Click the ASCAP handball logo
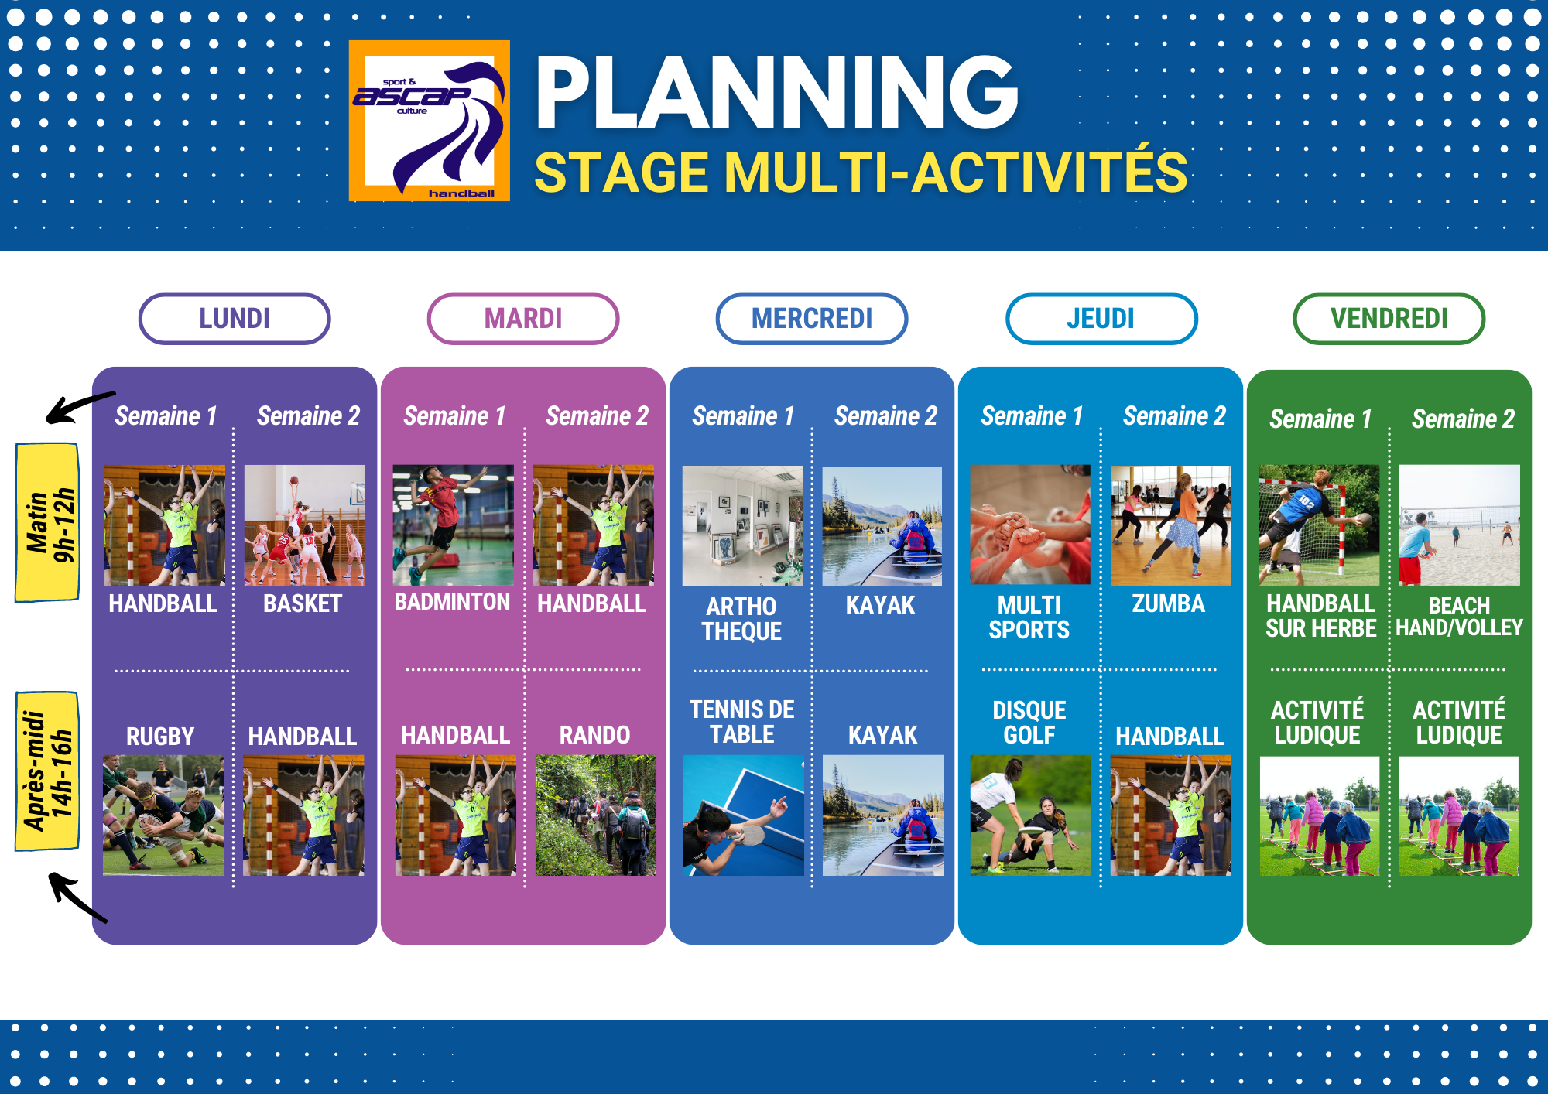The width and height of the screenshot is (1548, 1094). [x=430, y=121]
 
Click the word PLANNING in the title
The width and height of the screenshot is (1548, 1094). [x=776, y=93]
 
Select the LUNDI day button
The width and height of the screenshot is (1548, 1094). [x=235, y=319]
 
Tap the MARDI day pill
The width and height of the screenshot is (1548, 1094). [x=523, y=319]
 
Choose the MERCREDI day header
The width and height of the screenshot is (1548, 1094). [x=812, y=319]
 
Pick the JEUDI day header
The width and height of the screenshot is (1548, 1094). [x=1101, y=319]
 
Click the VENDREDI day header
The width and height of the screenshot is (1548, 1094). [x=1389, y=319]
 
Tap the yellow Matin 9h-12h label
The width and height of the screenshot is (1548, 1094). [x=48, y=522]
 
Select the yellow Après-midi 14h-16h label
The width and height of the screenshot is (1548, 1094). [x=48, y=771]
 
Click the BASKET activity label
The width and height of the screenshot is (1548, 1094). [x=303, y=603]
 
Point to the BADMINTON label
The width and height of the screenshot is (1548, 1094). [x=452, y=602]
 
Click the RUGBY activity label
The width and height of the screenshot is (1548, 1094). [x=160, y=737]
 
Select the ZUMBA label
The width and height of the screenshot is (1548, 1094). [x=1169, y=603]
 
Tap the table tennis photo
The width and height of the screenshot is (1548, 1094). [x=744, y=815]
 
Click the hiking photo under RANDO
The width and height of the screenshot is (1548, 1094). [x=595, y=815]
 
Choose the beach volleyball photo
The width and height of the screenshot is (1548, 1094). [x=1460, y=525]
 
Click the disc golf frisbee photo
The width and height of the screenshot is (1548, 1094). [x=1030, y=815]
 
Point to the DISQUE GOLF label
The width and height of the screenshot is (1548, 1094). [x=1029, y=723]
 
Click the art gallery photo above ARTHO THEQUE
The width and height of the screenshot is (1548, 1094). [x=742, y=525]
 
